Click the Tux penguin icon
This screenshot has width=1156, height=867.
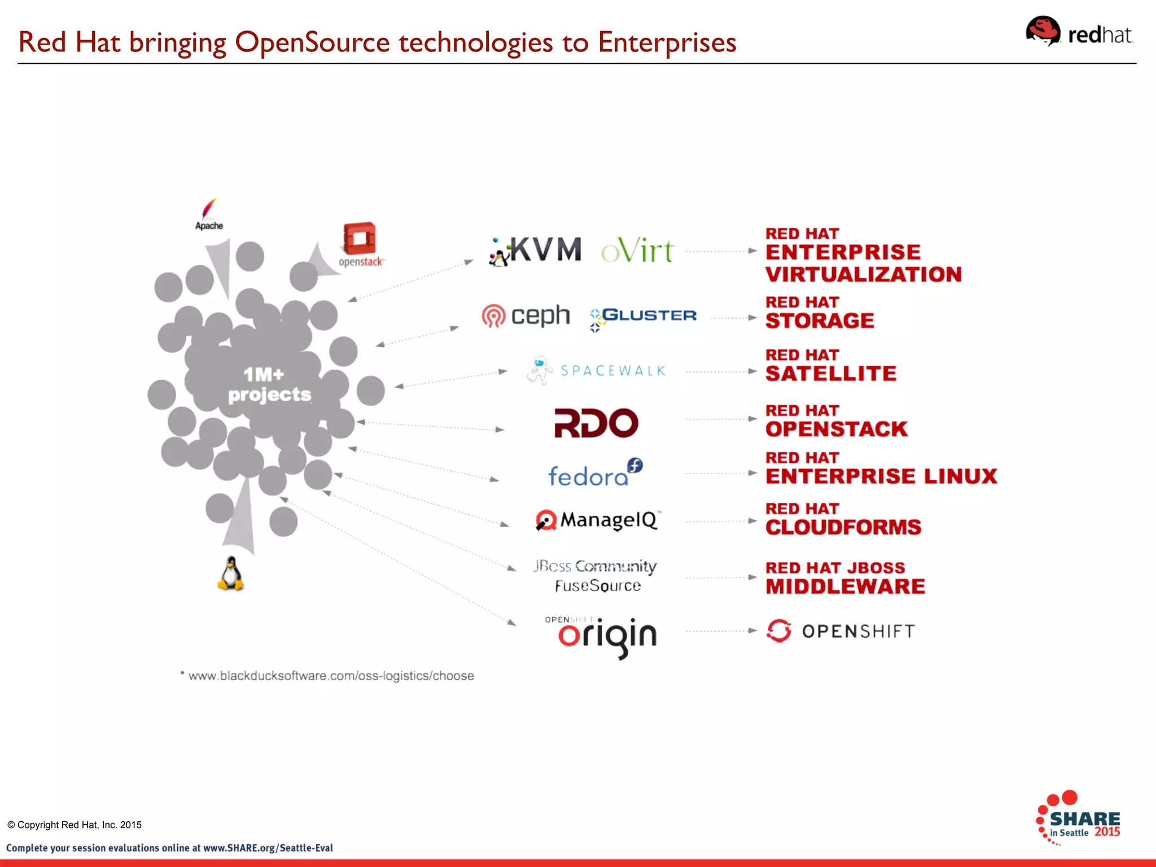pos(231,574)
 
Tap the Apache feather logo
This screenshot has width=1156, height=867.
pos(209,214)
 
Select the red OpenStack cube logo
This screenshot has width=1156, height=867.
pos(360,239)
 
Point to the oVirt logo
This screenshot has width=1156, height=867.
pos(637,251)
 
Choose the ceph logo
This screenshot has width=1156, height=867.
pos(526,316)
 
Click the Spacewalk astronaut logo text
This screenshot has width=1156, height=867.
pos(612,371)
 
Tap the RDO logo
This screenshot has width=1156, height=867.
pos(596,423)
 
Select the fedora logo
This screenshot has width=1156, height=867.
pos(595,474)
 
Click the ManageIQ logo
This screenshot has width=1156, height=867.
pos(597,520)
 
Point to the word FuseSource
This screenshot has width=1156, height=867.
pos(598,586)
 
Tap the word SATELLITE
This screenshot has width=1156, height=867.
pos(830,374)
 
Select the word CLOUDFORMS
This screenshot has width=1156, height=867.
pos(843,527)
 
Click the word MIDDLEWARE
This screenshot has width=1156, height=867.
pos(845,586)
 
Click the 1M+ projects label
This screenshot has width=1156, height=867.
pos(269,384)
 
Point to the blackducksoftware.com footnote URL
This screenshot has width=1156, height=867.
pos(331,676)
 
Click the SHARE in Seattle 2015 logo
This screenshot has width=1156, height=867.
pos(1078,818)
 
